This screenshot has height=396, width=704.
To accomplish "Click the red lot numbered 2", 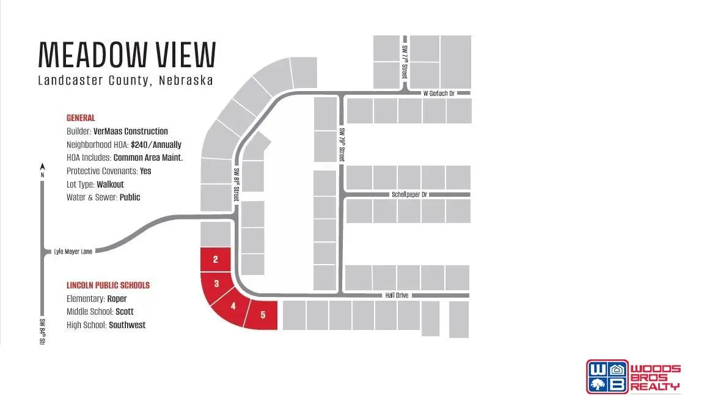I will pos(216,260).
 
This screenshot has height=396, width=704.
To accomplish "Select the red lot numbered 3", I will pos(218,284).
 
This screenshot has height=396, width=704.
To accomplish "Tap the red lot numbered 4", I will pos(233,306).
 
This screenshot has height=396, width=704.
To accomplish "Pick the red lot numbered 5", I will pos(263,315).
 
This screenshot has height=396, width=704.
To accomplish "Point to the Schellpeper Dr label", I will pos(409,195).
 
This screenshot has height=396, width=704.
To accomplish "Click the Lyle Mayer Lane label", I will pos(73,251).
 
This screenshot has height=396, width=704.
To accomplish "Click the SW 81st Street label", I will pos(235,186).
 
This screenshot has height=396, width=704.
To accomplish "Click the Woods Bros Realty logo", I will pos(632,376).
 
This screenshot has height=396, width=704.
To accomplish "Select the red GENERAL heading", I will pos(81,118).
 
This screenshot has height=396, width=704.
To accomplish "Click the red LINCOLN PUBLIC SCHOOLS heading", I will pos(108,285).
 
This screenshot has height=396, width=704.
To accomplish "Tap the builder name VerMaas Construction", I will pos(130,131).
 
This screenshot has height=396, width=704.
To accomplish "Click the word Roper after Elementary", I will pos(117,299).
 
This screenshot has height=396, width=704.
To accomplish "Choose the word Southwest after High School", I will pos(127,325).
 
